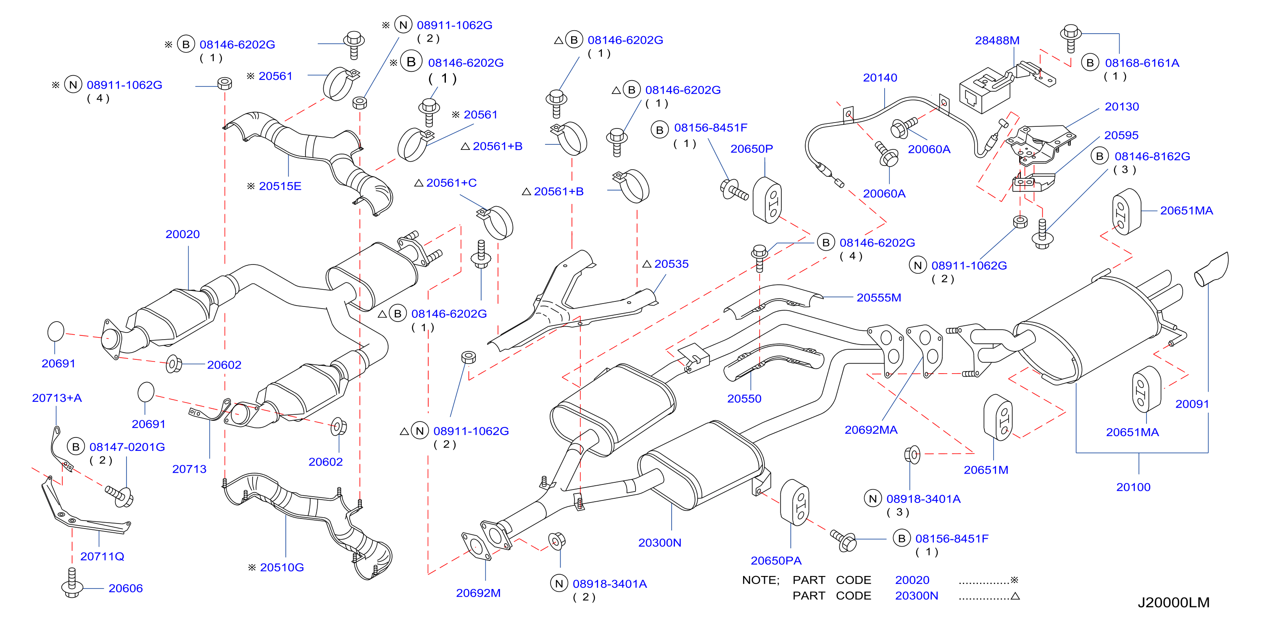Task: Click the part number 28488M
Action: point(997,40)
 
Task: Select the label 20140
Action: point(880,78)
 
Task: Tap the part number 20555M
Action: point(878,297)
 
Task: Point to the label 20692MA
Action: point(871,430)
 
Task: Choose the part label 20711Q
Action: point(102,556)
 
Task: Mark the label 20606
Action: point(125,588)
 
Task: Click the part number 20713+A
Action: point(57,398)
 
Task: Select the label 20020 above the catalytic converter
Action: point(183,234)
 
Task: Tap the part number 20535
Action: point(671,264)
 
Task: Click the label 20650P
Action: point(751,149)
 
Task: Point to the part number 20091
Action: point(1192,404)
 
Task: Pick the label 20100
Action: point(1133,487)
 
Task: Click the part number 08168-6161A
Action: point(1142,63)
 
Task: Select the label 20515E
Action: point(280,186)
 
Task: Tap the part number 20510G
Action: point(282,567)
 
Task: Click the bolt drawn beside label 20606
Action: point(72,584)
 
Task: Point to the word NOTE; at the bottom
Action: point(761,580)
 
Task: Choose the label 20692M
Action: point(478,593)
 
